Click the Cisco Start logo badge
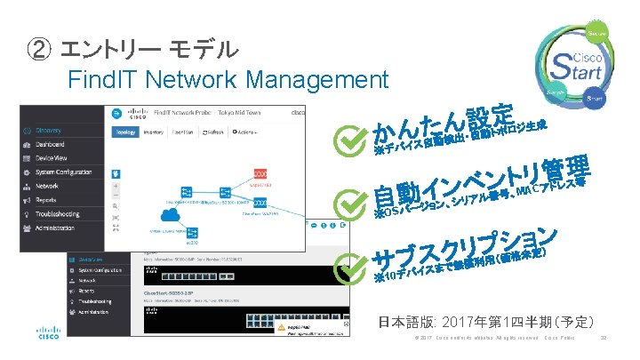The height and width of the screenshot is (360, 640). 577,64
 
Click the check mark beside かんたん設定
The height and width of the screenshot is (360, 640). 349,139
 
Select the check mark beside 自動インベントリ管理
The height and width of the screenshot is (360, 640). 349,201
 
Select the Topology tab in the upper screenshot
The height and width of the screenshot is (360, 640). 124,132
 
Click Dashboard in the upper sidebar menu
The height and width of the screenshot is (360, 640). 50,143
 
